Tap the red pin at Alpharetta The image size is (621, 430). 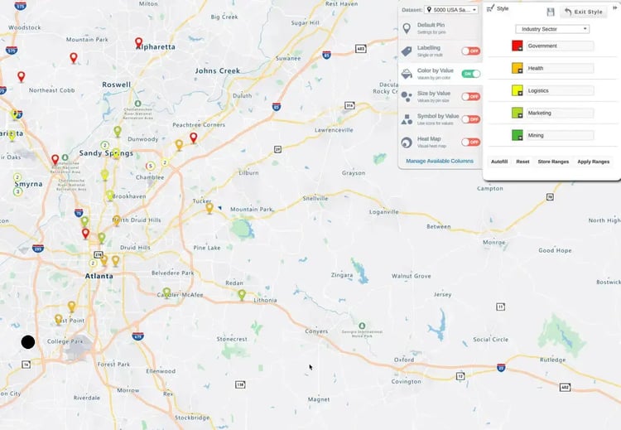pyautogui.click(x=138, y=42)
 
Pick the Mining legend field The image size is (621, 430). pyautogui.click(x=560, y=135)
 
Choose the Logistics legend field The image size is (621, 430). pyautogui.click(x=560, y=90)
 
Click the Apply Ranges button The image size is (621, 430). pyautogui.click(x=593, y=162)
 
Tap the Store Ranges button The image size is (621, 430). pyautogui.click(x=553, y=162)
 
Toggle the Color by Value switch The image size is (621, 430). pyautogui.click(x=471, y=74)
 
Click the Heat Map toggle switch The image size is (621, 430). pyautogui.click(x=471, y=142)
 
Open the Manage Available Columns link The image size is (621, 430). pyautogui.click(x=440, y=160)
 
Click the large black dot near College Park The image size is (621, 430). pyautogui.click(x=28, y=341)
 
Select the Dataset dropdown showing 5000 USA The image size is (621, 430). pyautogui.click(x=451, y=10)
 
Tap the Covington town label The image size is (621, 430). pyautogui.click(x=407, y=382)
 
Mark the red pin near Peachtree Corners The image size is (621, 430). pyautogui.click(x=194, y=138)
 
